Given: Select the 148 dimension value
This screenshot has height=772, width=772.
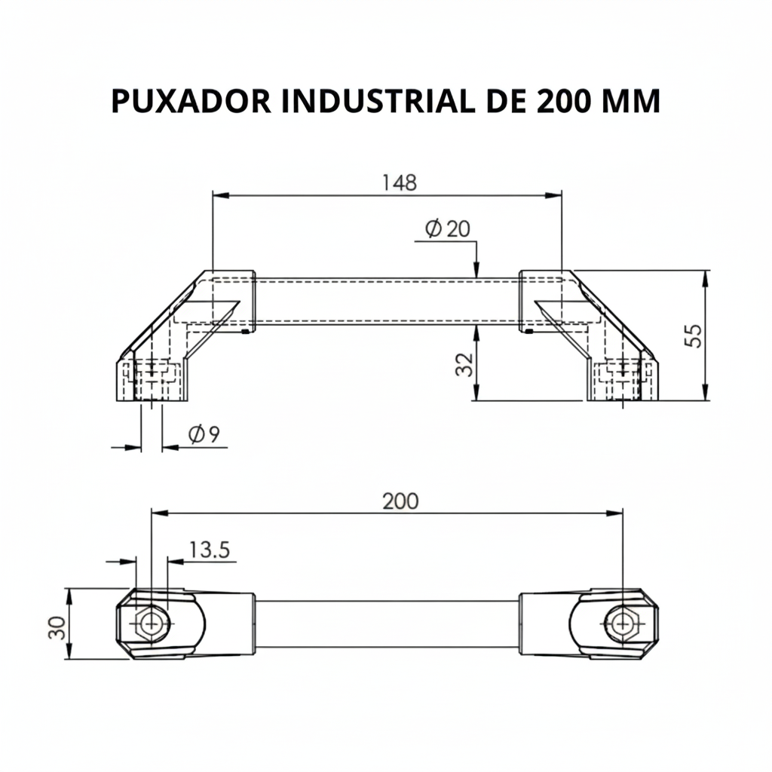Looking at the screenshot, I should pos(399,182).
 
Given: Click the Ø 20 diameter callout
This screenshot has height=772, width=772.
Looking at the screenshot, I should pos(446,229).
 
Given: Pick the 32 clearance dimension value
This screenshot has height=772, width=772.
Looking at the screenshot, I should pos(464,365).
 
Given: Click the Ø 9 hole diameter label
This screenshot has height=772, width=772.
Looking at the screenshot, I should pos(204,434).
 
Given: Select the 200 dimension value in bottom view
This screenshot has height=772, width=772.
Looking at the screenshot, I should pos(400,501).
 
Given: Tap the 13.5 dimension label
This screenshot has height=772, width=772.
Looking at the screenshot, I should pos(209,550).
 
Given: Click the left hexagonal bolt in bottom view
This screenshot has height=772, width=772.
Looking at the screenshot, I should pos(151,623).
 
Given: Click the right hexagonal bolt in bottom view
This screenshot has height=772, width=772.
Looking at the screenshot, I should pos(623,623).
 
